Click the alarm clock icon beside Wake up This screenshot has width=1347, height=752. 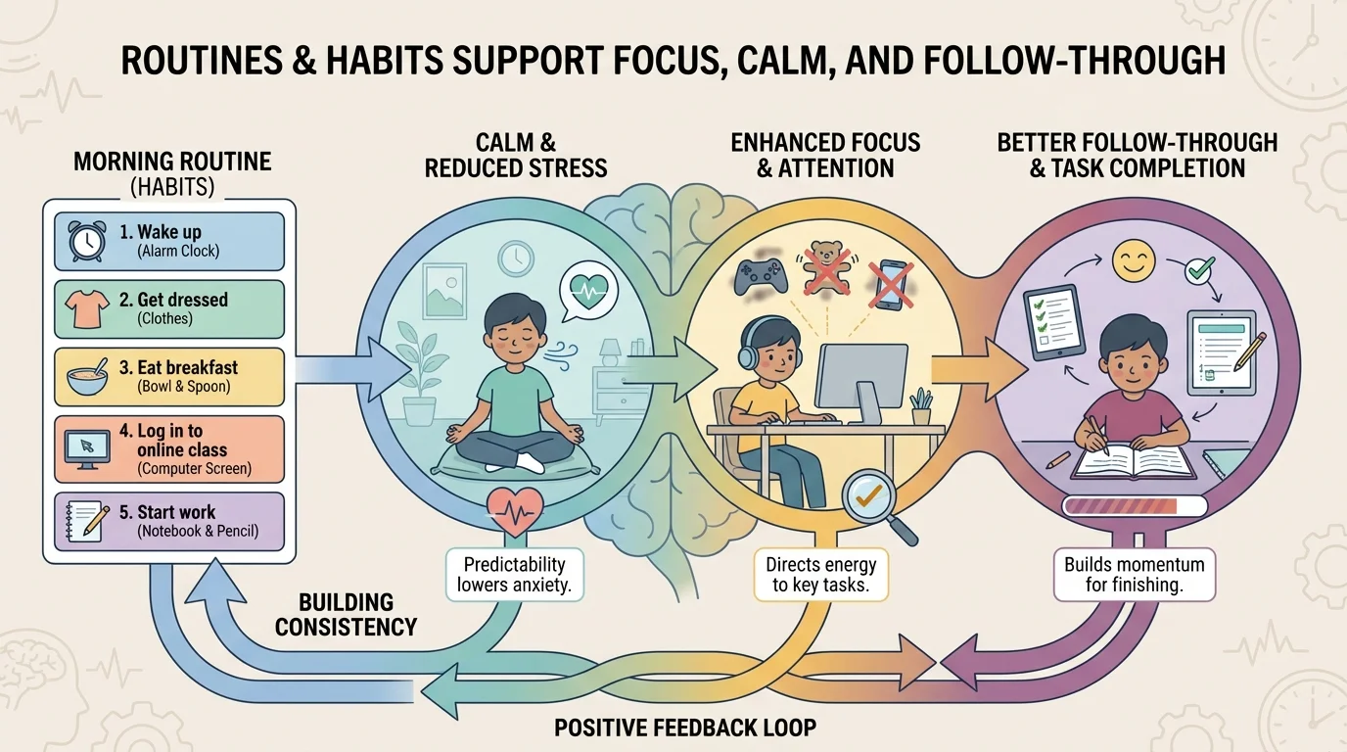tap(85, 241)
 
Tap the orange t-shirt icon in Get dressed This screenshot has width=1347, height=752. tap(85, 309)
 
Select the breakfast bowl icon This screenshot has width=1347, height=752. tap(85, 378)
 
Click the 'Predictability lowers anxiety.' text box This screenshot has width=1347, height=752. tap(514, 575)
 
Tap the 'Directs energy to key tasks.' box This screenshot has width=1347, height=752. tap(821, 575)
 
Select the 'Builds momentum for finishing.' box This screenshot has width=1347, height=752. tap(1135, 575)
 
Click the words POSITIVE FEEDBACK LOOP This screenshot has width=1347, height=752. tap(685, 728)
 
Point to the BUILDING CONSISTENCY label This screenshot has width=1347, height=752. tap(347, 614)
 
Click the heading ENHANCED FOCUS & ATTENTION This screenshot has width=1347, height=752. tap(825, 155)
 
